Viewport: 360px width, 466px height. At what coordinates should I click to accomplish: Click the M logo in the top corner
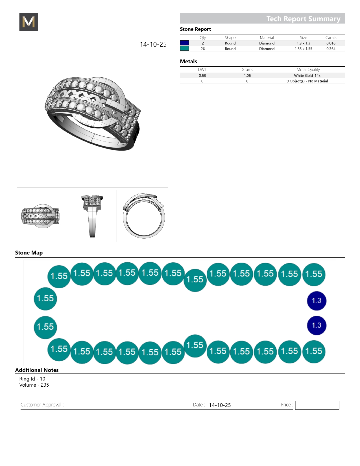(29, 22)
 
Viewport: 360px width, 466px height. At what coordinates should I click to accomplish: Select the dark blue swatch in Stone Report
(184, 43)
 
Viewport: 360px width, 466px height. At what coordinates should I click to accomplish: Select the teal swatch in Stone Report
(184, 49)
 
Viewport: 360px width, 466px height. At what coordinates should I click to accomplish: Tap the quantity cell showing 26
(203, 49)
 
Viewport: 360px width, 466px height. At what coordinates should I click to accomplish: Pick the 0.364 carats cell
(331, 49)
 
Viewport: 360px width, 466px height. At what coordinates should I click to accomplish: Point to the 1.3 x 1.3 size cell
(303, 43)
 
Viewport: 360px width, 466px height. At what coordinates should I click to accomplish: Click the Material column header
(267, 38)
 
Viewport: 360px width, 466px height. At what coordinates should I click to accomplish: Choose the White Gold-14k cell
(307, 75)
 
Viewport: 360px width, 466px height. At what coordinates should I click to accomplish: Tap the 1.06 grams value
(247, 75)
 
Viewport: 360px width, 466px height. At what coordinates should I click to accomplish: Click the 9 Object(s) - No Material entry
(307, 81)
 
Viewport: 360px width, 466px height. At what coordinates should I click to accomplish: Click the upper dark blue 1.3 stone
(317, 301)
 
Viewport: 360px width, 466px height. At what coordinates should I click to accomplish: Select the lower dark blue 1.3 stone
(317, 325)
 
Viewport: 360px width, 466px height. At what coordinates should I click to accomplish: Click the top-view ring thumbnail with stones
(41, 216)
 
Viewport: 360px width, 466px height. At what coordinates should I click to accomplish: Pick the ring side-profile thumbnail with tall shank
(92, 216)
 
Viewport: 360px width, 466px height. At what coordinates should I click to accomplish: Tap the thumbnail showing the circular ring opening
(144, 216)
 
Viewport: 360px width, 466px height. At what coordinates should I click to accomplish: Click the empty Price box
(317, 405)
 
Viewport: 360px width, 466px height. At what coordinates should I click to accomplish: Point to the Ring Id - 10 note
(32, 379)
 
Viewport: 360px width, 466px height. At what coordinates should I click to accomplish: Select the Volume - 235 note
(34, 385)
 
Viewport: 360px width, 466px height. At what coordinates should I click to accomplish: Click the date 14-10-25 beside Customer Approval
(220, 405)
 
